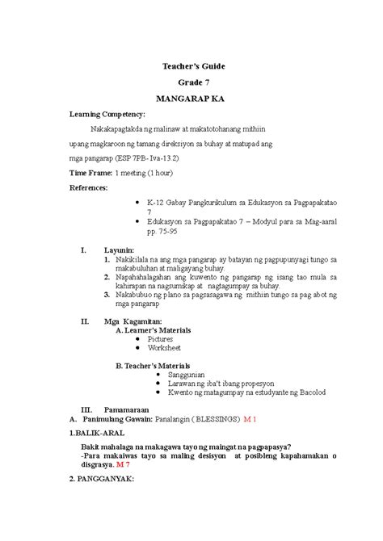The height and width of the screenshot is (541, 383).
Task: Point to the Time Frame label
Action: [x=91, y=174]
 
